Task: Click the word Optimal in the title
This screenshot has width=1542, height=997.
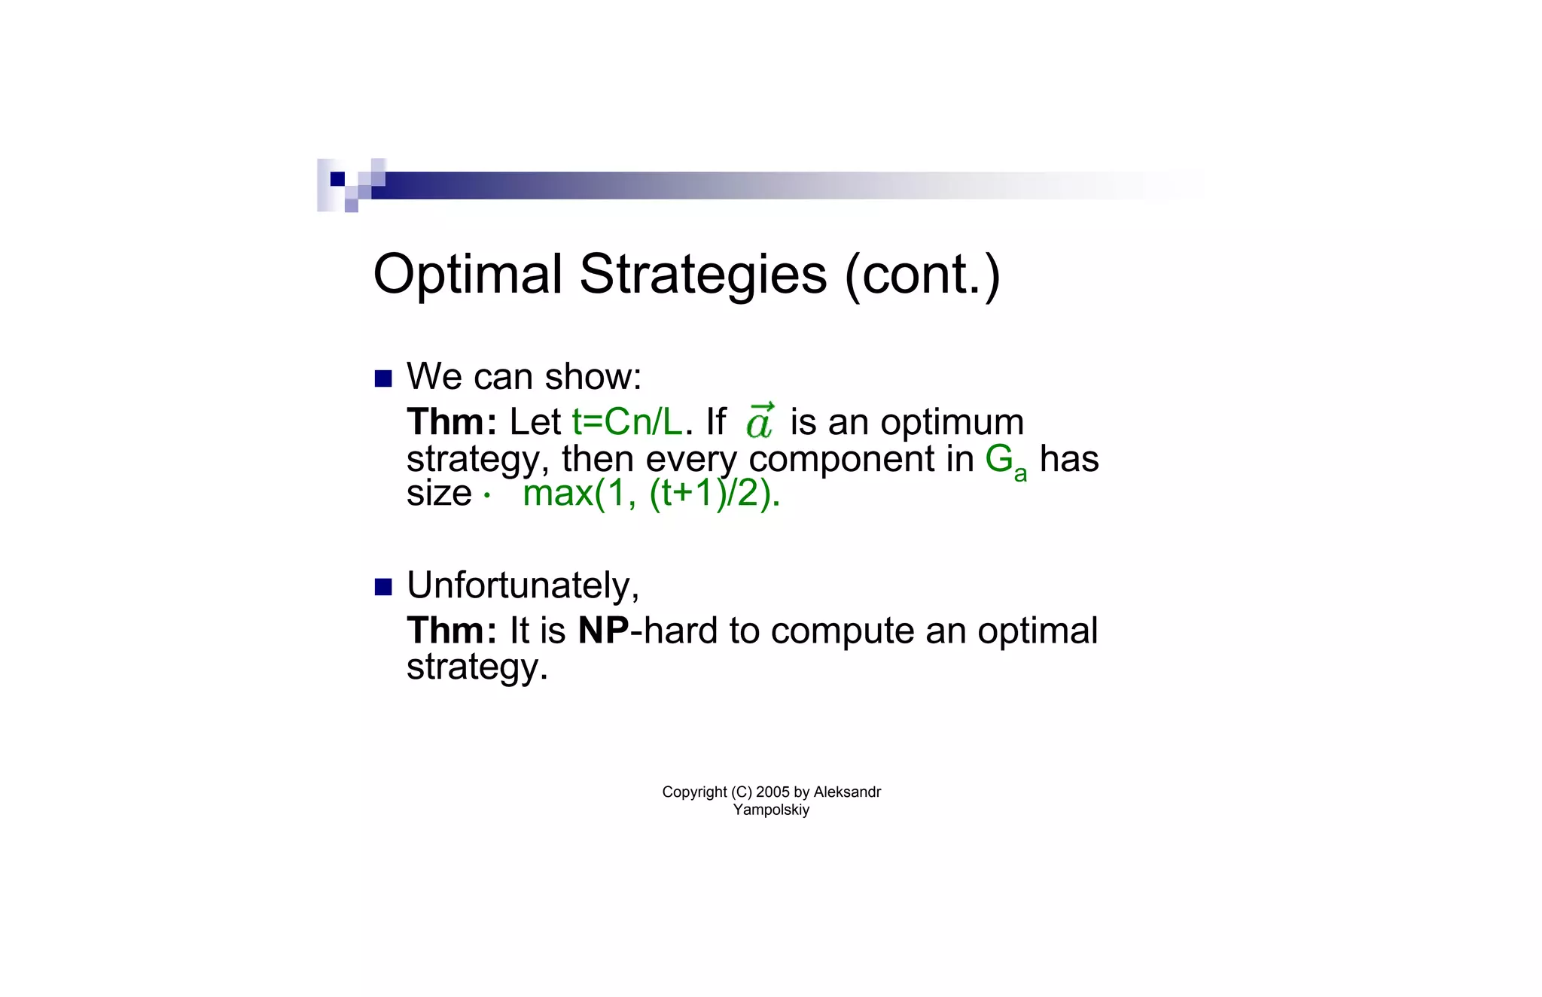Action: [467, 275]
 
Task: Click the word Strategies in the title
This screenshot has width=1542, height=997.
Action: [702, 275]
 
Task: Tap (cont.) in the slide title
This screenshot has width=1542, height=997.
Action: [923, 275]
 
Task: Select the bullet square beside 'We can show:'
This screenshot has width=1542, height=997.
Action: [383, 378]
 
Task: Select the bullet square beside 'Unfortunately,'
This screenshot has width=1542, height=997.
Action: [383, 587]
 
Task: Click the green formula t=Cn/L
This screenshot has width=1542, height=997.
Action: [626, 422]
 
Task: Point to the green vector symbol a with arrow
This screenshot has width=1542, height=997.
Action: [760, 422]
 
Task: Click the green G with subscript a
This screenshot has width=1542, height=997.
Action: [1004, 461]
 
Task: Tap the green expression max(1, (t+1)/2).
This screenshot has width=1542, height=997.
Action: [651, 494]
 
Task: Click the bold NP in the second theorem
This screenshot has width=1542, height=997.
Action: [603, 631]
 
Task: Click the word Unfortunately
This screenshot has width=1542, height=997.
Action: [523, 585]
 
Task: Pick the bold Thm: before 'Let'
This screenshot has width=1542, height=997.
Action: [451, 422]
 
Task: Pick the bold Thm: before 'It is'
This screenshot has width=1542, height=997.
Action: [451, 631]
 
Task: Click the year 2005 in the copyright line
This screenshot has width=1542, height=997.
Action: [773, 792]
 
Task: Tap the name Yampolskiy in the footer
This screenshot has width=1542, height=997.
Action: [771, 810]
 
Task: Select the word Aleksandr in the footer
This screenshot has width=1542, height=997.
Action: [847, 792]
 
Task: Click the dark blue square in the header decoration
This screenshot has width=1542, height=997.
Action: [337, 179]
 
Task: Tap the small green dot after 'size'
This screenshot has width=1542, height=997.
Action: [487, 496]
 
